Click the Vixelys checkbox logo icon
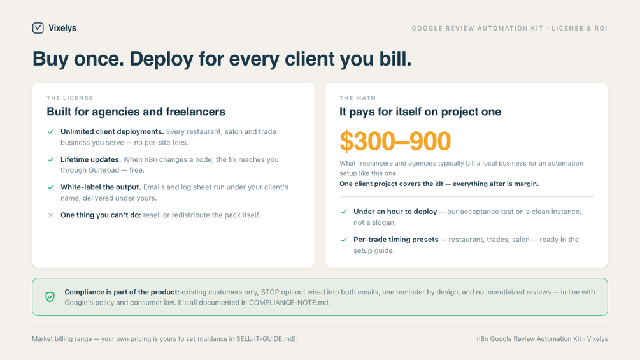(x=38, y=28)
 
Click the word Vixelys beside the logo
(x=62, y=28)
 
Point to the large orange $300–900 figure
(x=395, y=141)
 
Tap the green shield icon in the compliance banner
(x=50, y=297)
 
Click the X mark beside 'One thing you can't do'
(x=50, y=215)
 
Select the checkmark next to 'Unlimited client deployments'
(x=50, y=132)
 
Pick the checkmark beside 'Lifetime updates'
(x=50, y=159)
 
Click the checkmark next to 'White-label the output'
(x=50, y=187)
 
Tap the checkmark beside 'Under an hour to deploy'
(x=344, y=212)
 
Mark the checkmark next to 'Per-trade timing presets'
(x=344, y=240)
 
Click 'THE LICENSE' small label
(x=70, y=98)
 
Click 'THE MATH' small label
(x=357, y=98)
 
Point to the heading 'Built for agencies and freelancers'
(x=136, y=112)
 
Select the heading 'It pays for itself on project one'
(x=420, y=112)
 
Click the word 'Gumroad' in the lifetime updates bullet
(x=104, y=170)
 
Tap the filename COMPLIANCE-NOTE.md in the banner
(x=289, y=303)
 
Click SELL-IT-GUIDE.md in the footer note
(x=266, y=339)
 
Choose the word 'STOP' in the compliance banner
(x=270, y=292)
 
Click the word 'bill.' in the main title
(x=395, y=59)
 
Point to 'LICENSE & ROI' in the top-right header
(x=580, y=28)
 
